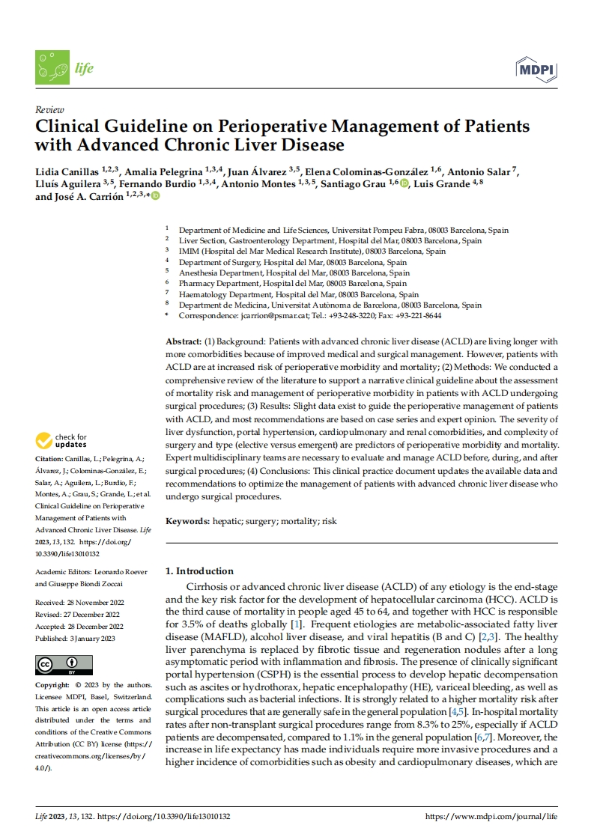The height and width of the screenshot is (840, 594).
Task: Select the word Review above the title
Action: (x=49, y=109)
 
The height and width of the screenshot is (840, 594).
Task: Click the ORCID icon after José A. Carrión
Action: (x=156, y=196)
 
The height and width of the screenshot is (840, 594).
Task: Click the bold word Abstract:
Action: (x=184, y=341)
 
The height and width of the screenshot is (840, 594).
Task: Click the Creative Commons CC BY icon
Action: (x=64, y=665)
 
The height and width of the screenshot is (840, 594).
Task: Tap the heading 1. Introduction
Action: (x=199, y=570)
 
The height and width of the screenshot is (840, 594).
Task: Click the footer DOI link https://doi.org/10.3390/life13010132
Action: (x=164, y=815)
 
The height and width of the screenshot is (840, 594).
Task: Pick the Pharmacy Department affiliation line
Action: (x=293, y=284)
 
